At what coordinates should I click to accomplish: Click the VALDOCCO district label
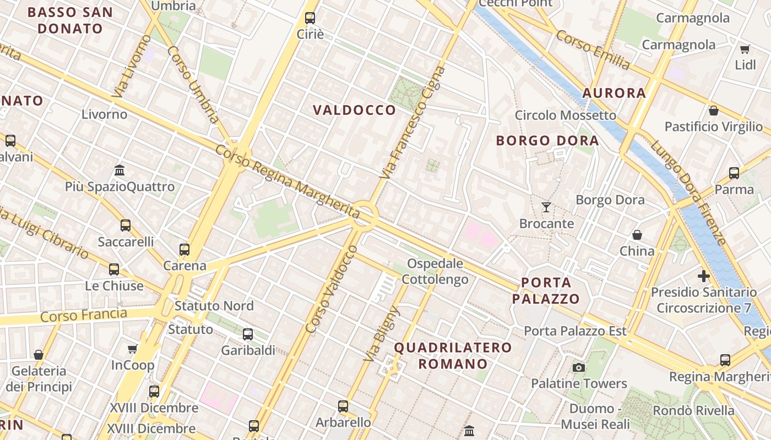(x=354, y=110)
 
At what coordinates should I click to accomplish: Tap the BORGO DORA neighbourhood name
(x=547, y=140)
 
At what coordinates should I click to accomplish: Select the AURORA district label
(x=613, y=93)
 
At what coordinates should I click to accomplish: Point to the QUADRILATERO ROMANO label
(x=453, y=355)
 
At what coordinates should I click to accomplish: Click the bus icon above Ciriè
(x=310, y=18)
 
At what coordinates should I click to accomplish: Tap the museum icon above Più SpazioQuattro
(x=120, y=170)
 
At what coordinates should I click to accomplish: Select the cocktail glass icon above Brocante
(x=546, y=207)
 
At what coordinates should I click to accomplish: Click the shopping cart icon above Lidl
(x=745, y=50)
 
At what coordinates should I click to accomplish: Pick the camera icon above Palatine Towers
(x=578, y=367)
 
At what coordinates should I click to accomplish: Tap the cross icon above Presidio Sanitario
(x=703, y=276)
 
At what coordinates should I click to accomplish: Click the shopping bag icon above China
(x=637, y=235)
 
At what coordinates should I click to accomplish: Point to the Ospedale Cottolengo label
(x=435, y=271)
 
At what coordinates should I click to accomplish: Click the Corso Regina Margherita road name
(x=287, y=179)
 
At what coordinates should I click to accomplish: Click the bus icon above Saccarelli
(x=126, y=225)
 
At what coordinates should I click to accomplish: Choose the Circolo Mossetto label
(x=565, y=115)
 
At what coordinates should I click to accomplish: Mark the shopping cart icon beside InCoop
(x=132, y=349)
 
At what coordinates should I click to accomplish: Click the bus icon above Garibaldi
(x=248, y=334)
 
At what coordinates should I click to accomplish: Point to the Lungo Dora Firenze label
(x=688, y=193)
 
